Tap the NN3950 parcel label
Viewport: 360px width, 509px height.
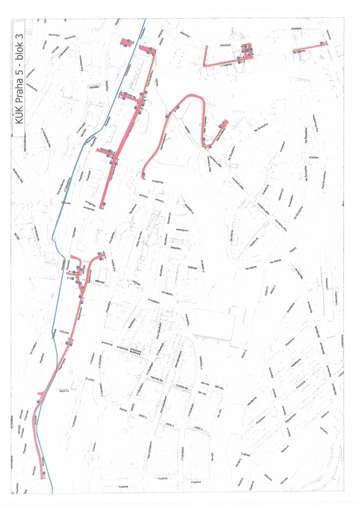[x=94, y=87]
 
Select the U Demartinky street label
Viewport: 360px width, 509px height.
[x=64, y=52]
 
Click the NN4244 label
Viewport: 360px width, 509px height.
[x=161, y=33]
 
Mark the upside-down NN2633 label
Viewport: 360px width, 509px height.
[x=313, y=157]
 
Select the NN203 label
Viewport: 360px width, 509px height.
[x=293, y=250]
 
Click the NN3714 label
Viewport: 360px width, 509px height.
[x=64, y=391]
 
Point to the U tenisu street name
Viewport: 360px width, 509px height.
[x=94, y=446]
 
